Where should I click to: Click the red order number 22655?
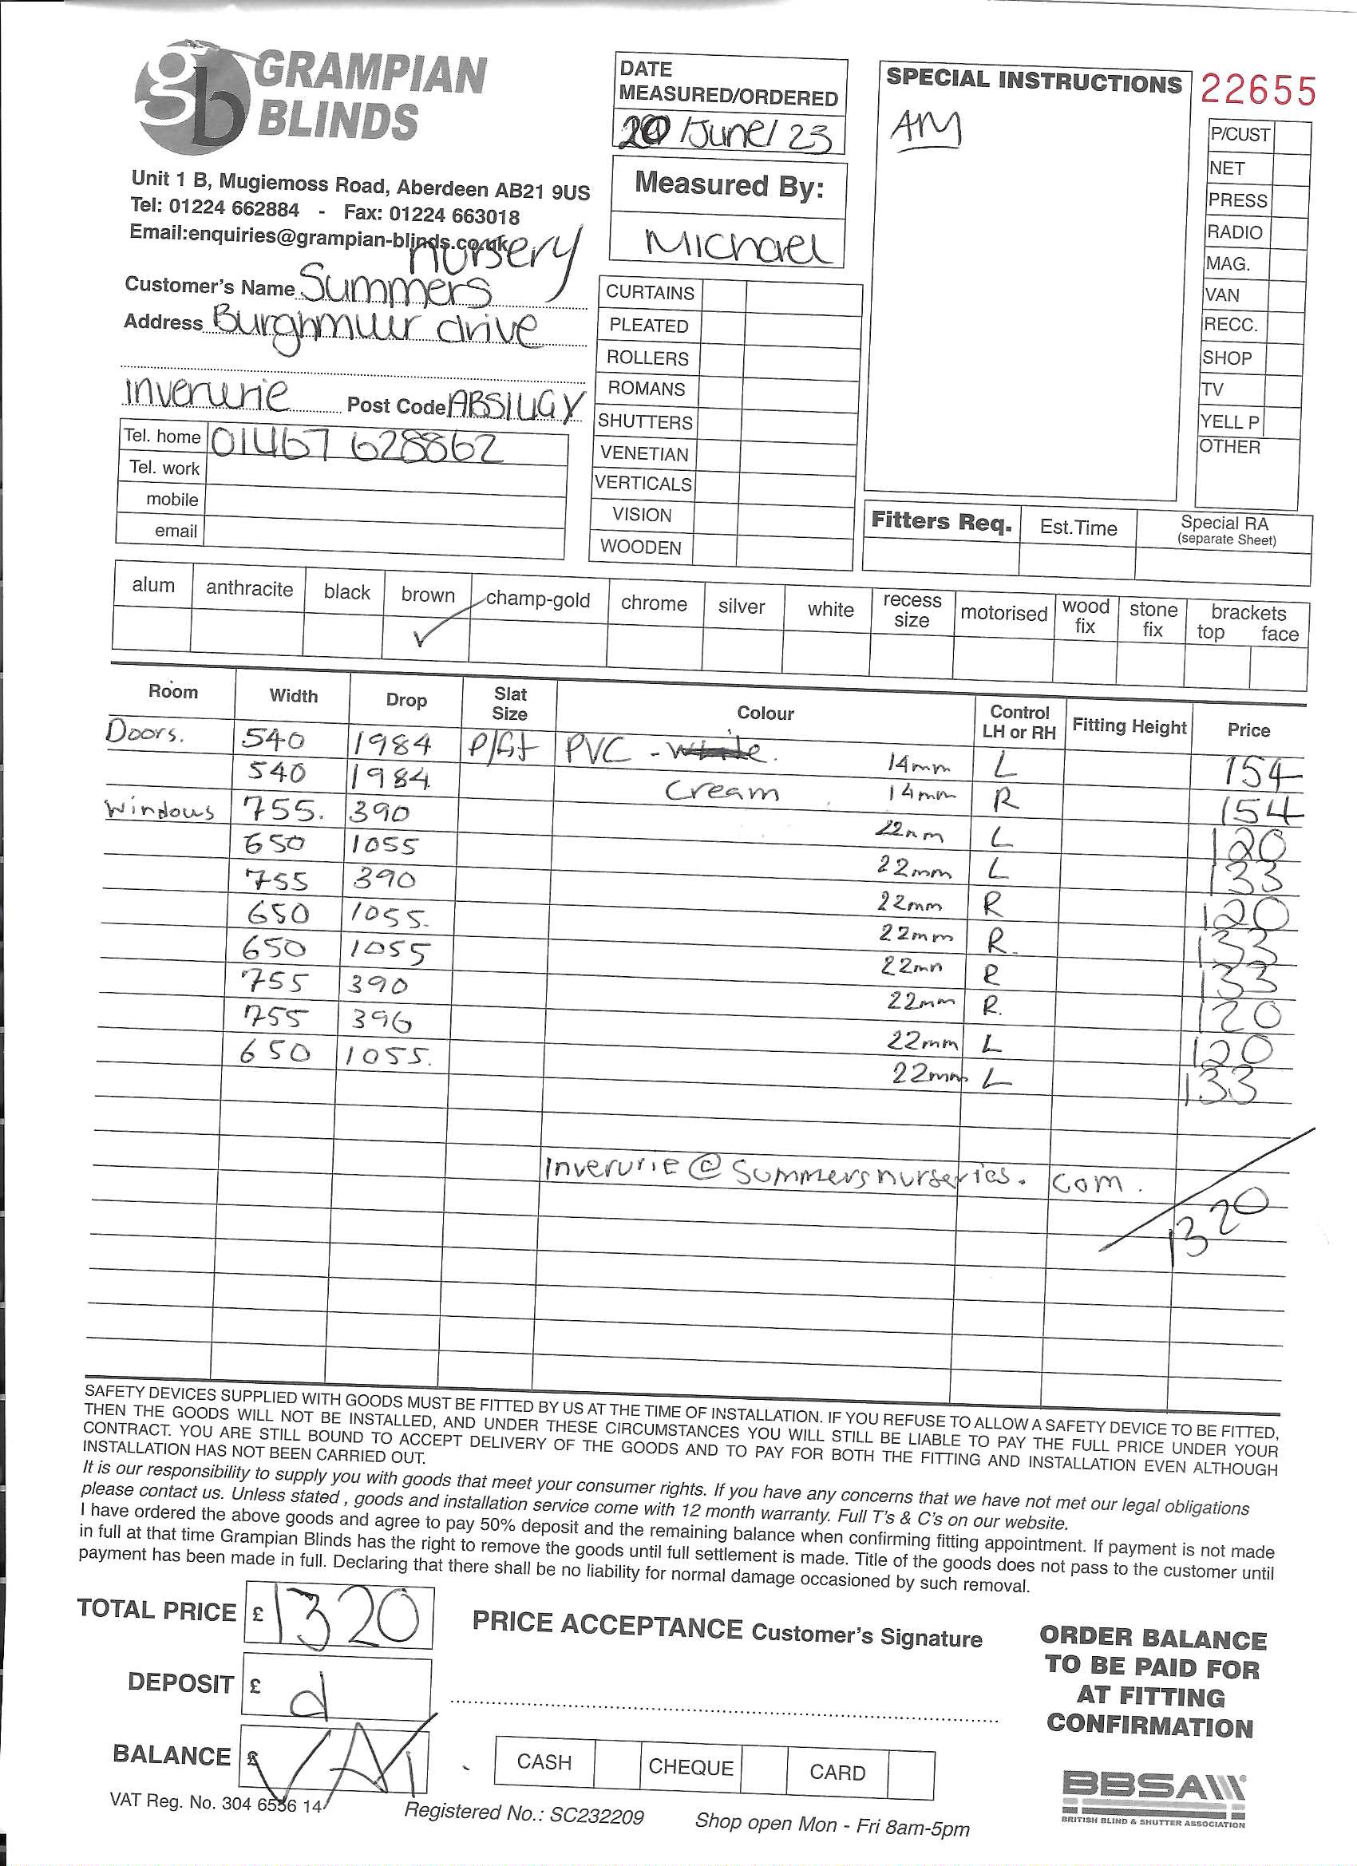click(1257, 89)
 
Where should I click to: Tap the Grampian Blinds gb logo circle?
click(191, 98)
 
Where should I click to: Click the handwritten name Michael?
click(738, 244)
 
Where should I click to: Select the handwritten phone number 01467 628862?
click(355, 447)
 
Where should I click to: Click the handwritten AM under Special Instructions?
click(926, 130)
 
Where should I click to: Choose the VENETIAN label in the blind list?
click(643, 453)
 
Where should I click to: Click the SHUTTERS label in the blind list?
click(645, 421)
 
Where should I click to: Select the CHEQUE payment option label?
click(690, 1766)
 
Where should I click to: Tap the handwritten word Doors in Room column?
click(142, 731)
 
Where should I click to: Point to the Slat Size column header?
click(509, 703)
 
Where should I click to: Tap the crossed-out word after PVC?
click(721, 749)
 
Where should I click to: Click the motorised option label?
click(1003, 613)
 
